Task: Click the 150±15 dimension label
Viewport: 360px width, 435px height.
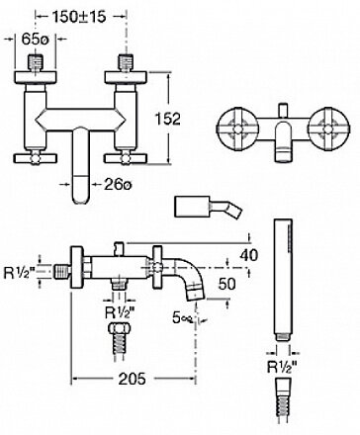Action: pos(79,17)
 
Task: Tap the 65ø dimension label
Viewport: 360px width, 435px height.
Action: pos(35,40)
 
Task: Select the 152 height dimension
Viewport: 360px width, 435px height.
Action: pos(167,119)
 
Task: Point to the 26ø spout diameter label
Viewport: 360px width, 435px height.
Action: pos(118,185)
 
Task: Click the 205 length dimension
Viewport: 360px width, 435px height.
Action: pos(132,379)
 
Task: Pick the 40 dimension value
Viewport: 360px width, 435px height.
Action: pos(249,255)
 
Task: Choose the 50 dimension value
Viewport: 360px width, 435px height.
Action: pos(227,284)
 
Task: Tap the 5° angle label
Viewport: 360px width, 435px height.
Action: pos(182,317)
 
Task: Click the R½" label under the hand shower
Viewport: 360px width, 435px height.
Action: pos(282,367)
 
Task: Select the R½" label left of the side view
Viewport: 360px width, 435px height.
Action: pos(19,273)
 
